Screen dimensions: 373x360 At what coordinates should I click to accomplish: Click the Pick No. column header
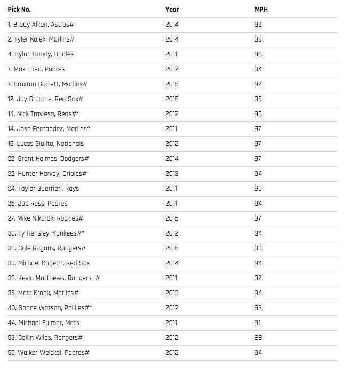pos(19,9)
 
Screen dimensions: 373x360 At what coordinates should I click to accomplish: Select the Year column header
pos(172,9)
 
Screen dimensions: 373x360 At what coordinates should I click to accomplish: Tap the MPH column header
pos(261,9)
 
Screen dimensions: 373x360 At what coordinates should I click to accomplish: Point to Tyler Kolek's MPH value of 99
pos(258,39)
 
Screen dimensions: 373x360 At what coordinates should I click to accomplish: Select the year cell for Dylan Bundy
pos(172,54)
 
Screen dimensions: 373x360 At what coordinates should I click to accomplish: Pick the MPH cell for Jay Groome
pos(258,99)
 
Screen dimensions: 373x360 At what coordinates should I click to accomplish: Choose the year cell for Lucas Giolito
pos(172,143)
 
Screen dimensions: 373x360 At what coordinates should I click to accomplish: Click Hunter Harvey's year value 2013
pos(172,173)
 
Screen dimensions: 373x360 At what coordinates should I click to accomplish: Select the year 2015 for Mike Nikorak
pos(172,218)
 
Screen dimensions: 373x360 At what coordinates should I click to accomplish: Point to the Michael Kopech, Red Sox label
pos(49,263)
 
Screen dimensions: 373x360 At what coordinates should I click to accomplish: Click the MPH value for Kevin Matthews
pos(258,278)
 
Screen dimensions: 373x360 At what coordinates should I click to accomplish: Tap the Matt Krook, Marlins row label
pos(43,293)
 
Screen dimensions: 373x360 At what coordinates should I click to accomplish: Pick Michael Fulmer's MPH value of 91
pos(258,322)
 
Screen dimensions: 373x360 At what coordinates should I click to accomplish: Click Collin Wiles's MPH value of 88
pos(258,337)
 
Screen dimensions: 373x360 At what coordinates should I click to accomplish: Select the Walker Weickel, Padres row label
pos(48,352)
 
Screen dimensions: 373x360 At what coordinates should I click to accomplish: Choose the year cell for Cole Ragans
pos(172,248)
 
